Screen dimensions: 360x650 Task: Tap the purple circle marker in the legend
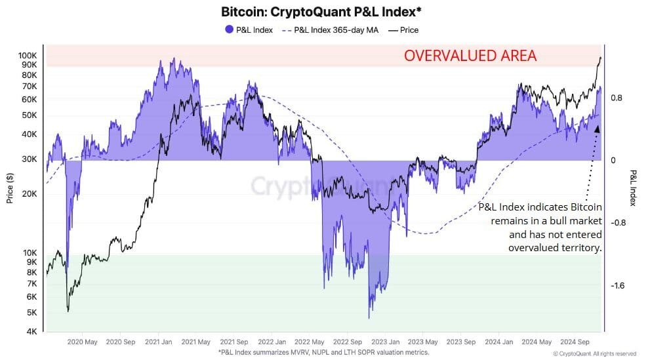click(x=229, y=30)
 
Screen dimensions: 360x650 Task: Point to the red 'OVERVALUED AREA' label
click(x=470, y=56)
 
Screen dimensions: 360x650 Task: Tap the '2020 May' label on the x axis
click(x=83, y=342)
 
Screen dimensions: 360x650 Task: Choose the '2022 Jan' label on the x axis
click(x=271, y=342)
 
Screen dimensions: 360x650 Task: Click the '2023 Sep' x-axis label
click(x=460, y=342)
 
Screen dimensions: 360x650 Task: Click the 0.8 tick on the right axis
click(x=616, y=98)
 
